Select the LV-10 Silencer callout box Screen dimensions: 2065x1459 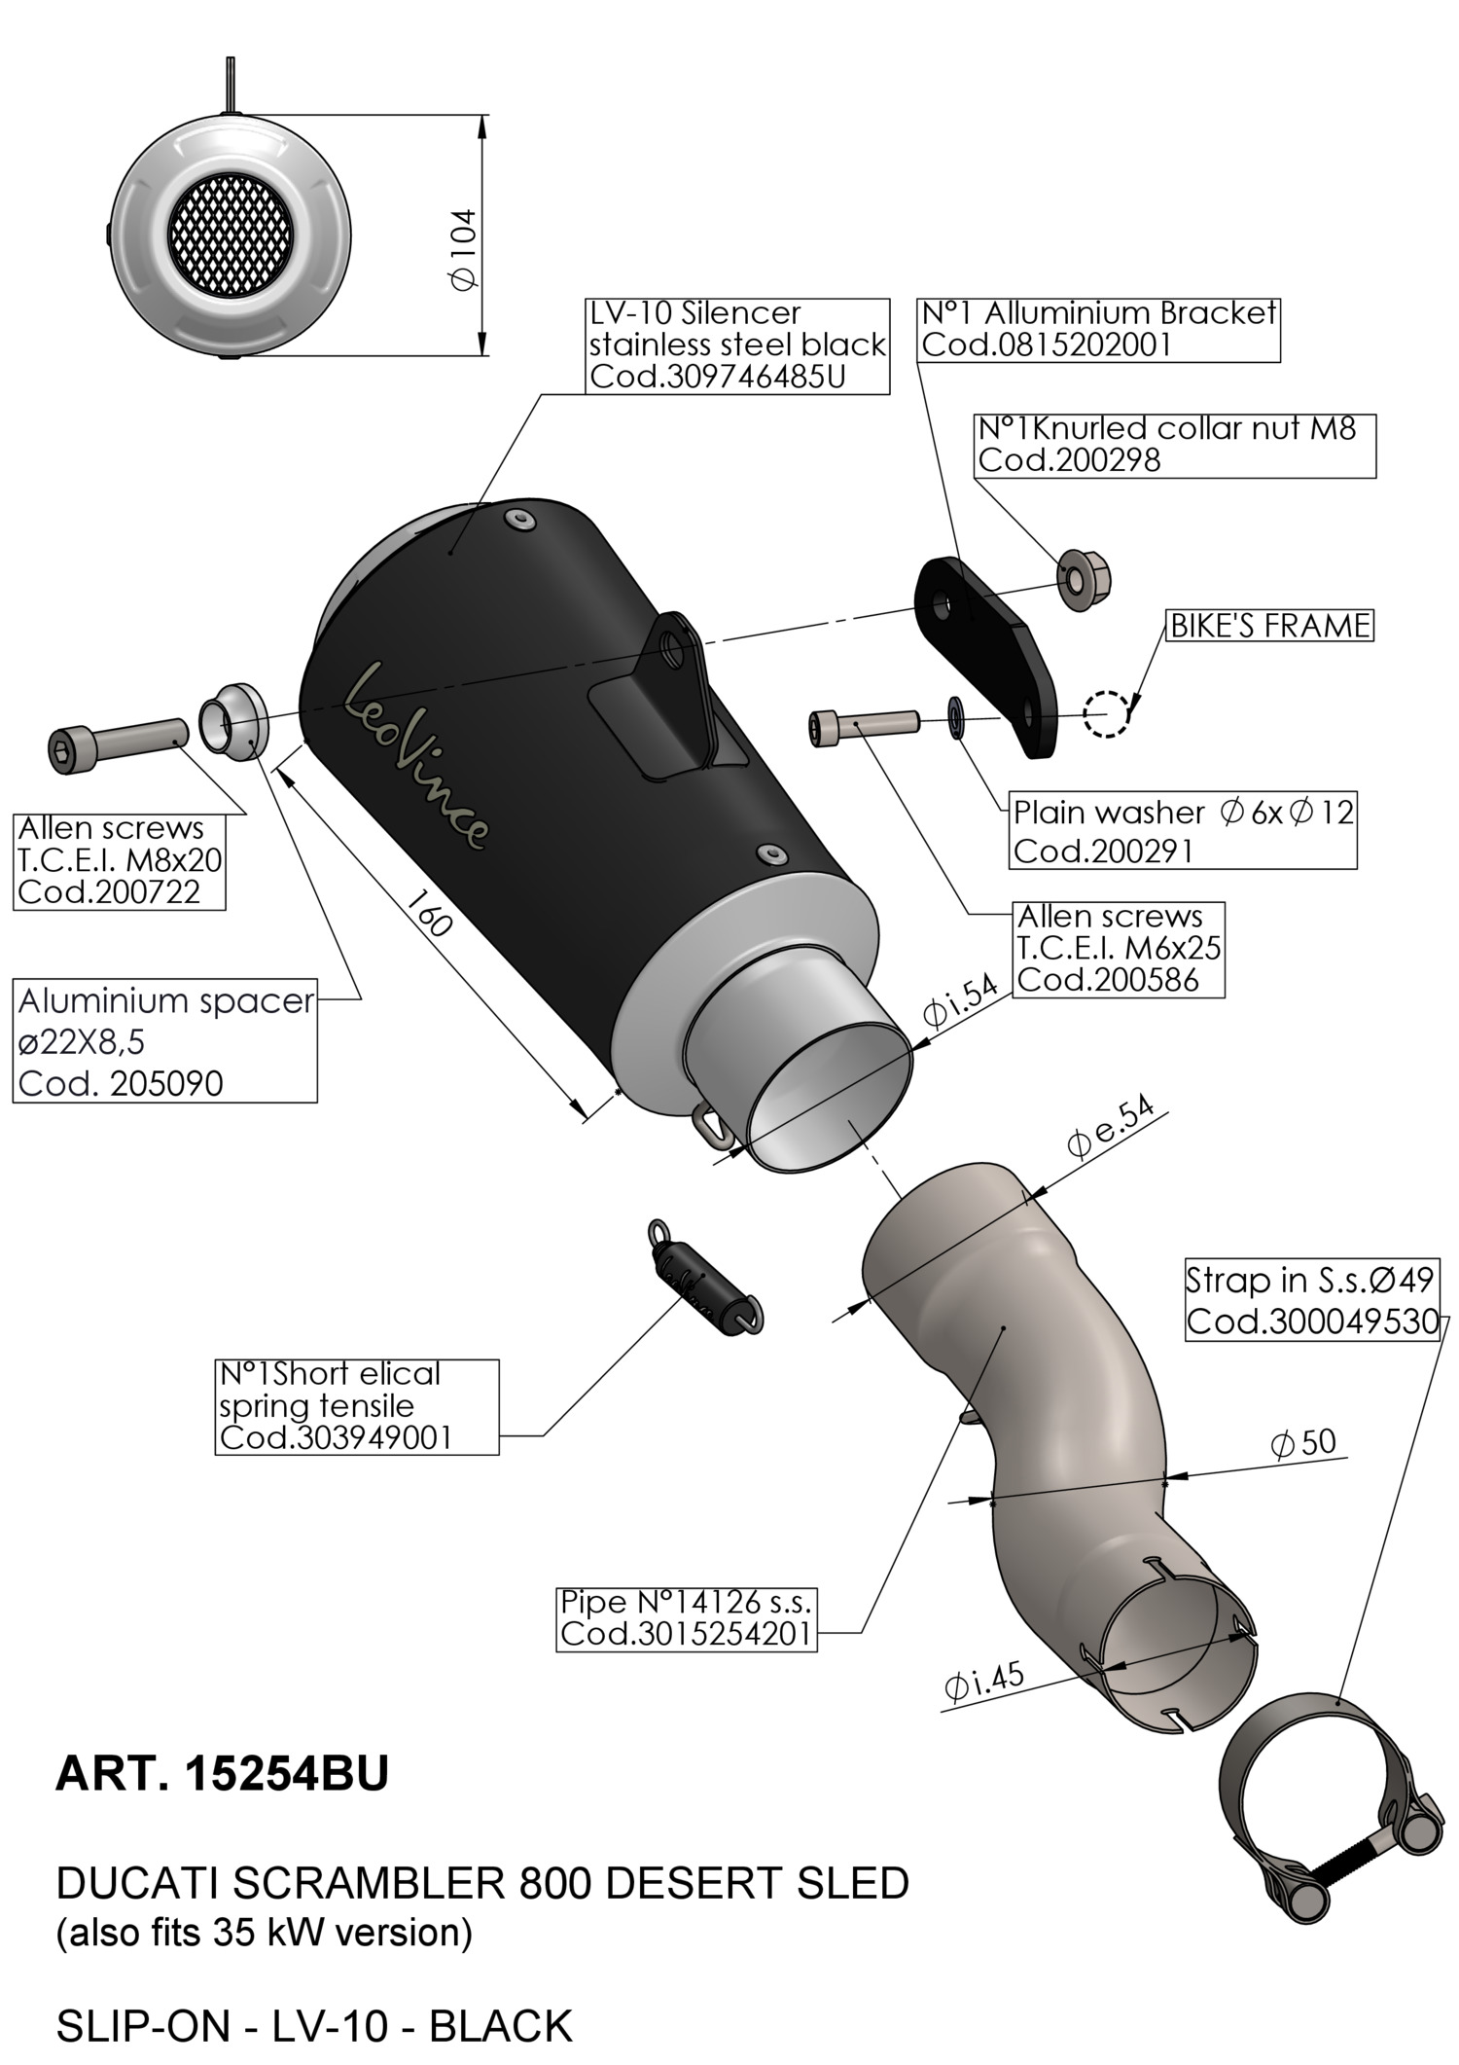point(737,345)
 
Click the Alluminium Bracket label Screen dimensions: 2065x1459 point(1097,329)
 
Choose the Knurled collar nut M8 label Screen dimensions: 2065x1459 point(1174,445)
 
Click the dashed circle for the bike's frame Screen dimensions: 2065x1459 point(1107,712)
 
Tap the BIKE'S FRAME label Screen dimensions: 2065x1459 point(1269,626)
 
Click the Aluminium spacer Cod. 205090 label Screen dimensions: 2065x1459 point(164,1040)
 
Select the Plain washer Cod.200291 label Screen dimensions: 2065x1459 point(1183,830)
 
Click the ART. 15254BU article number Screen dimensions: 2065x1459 point(222,1773)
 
